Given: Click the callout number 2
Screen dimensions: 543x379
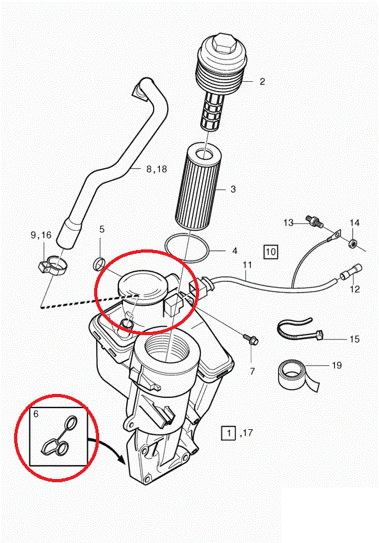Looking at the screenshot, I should click(x=262, y=82).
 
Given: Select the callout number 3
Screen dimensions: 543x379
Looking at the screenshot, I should click(x=233, y=189).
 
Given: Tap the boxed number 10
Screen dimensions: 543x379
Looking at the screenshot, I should click(x=271, y=251).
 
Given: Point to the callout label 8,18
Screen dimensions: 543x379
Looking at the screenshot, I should click(x=156, y=169).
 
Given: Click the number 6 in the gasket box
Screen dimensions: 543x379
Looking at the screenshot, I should click(x=36, y=414).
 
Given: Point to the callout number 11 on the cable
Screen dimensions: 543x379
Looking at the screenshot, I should click(x=247, y=265).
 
